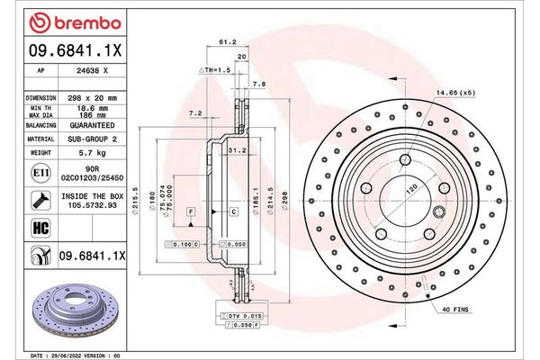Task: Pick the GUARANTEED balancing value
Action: pyautogui.click(x=94, y=126)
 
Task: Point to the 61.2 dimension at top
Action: pyautogui.click(x=228, y=40)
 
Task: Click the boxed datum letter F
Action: pyautogui.click(x=191, y=211)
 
